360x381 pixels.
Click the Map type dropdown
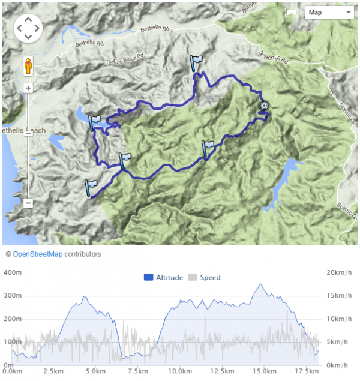click(329, 12)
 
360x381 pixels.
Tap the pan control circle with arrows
click(29, 28)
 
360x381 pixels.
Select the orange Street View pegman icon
click(28, 66)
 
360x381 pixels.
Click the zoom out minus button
click(28, 203)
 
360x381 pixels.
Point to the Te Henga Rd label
click(275, 58)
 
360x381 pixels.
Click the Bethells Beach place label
click(16, 130)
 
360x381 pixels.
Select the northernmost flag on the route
click(196, 62)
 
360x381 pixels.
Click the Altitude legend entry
click(164, 278)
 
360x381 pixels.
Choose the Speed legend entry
click(205, 278)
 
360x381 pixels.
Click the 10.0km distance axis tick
click(181, 371)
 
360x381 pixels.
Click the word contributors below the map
click(83, 254)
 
